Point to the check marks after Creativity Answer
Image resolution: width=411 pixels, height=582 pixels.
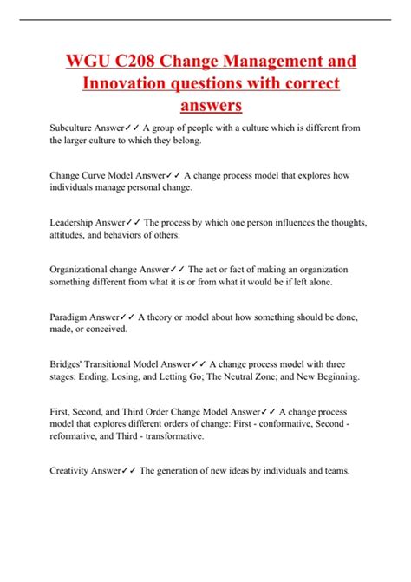tap(131, 472)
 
